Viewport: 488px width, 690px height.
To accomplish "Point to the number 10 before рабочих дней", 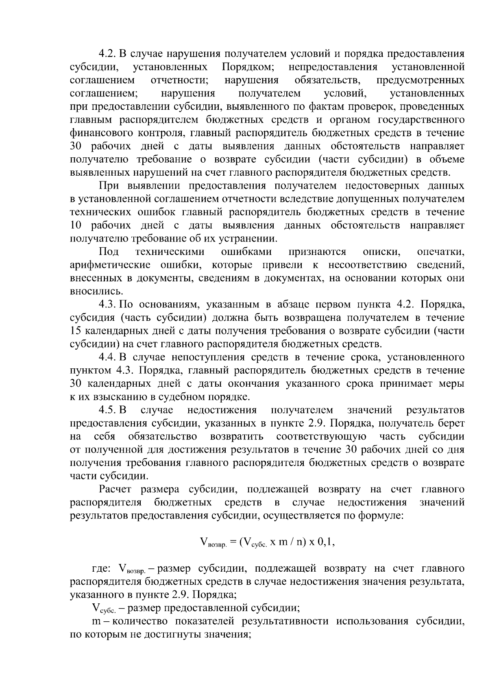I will click(76, 225).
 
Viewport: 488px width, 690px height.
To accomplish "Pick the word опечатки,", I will click(441, 252).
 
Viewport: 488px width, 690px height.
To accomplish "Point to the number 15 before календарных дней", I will click(76, 331).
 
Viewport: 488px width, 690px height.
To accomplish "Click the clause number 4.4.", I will click(108, 357).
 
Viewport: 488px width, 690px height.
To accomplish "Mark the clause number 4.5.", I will click(108, 410).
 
